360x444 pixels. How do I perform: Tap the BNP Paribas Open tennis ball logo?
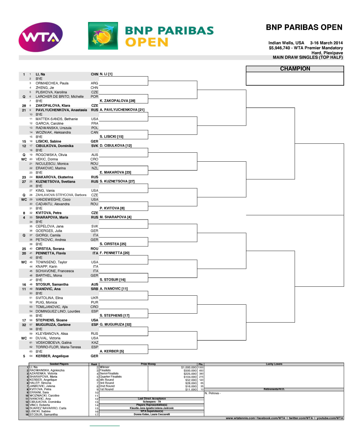(x=102, y=36)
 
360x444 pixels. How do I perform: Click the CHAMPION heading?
(x=295, y=69)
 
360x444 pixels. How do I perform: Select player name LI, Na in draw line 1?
(x=40, y=74)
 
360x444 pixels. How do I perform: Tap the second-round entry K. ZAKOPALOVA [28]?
(x=117, y=100)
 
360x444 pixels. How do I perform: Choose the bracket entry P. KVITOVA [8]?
(x=112, y=208)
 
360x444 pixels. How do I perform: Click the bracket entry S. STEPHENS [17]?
(x=115, y=315)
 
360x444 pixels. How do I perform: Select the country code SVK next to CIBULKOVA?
(x=94, y=146)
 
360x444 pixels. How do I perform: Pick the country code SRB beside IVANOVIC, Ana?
(x=94, y=289)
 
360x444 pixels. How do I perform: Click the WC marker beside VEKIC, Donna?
(x=24, y=159)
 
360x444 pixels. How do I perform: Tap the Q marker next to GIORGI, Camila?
(x=24, y=235)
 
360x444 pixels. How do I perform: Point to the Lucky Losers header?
(x=274, y=364)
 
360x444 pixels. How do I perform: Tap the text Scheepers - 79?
(x=151, y=402)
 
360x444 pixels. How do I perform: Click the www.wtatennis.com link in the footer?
(x=240, y=418)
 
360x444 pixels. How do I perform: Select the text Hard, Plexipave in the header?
(x=327, y=53)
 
